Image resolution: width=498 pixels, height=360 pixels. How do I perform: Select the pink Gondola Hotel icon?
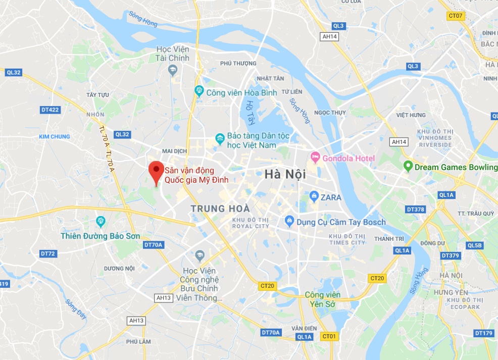[x=315, y=159]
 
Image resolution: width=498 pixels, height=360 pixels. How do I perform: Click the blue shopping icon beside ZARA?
[x=314, y=196]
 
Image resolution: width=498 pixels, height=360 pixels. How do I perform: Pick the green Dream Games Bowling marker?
[x=408, y=166]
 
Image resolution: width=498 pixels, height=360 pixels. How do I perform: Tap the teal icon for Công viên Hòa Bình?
[x=199, y=91]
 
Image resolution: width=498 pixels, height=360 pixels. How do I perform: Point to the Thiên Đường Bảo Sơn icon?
[x=100, y=221]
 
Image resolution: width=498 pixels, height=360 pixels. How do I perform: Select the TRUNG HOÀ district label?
[x=220, y=208]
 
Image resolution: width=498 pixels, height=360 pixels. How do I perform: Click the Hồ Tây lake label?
[x=250, y=112]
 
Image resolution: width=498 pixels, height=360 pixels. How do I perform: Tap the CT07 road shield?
[x=456, y=16]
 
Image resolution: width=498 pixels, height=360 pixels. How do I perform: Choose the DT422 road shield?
[x=50, y=110]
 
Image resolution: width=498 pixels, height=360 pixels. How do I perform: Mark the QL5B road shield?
[x=475, y=245]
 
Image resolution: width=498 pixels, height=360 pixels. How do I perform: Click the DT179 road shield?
[x=483, y=333]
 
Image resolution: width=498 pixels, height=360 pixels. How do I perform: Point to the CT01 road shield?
[x=329, y=336]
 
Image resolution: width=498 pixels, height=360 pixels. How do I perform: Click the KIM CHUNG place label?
[x=55, y=137]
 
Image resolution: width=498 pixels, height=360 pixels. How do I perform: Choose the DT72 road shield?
[x=48, y=253]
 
